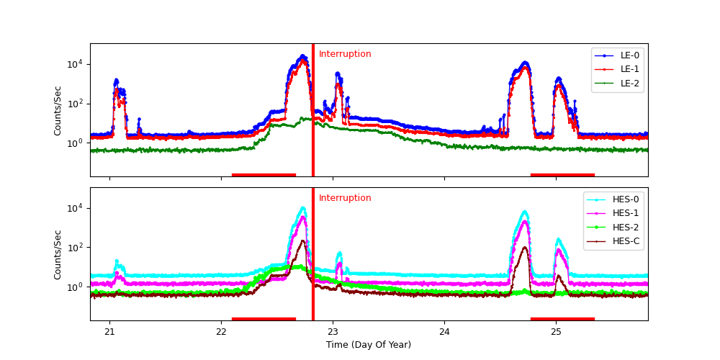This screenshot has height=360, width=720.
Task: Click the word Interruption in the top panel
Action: (x=345, y=54)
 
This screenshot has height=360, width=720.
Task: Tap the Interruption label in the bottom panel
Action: (x=345, y=198)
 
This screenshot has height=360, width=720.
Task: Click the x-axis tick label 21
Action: (x=109, y=331)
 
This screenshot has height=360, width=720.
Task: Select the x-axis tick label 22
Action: (x=221, y=331)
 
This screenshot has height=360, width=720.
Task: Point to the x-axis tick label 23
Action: (x=333, y=331)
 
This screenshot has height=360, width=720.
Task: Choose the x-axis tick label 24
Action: (x=444, y=331)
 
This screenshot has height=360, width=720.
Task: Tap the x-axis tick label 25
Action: (x=556, y=331)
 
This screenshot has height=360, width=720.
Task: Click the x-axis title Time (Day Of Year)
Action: (x=369, y=345)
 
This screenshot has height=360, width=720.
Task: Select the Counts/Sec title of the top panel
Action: (x=58, y=110)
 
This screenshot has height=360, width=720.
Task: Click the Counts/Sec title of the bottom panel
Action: (x=58, y=254)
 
